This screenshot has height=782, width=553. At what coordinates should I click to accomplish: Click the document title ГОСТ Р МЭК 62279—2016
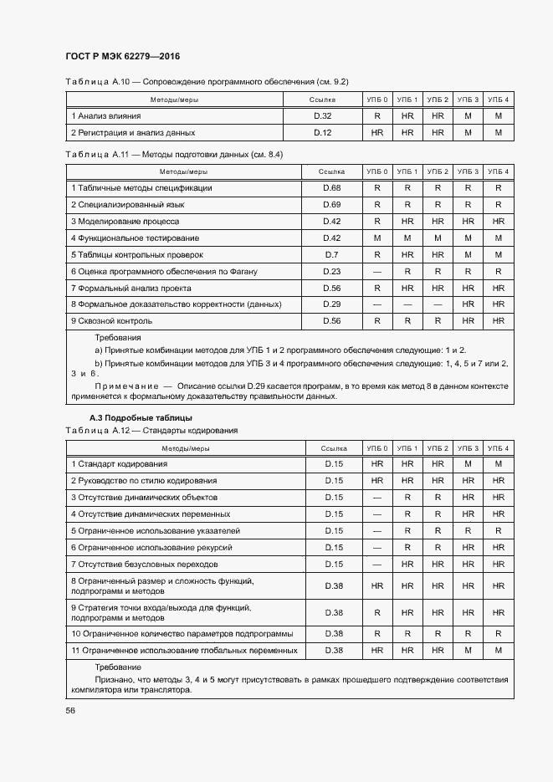(x=123, y=57)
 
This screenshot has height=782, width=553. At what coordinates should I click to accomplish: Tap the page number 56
(x=70, y=710)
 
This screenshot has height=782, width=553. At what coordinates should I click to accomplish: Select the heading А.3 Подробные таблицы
(x=141, y=417)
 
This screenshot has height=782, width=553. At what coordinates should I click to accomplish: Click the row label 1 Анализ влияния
(x=106, y=115)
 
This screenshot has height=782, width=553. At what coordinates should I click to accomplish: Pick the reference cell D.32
(x=323, y=115)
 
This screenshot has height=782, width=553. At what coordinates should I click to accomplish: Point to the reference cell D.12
(x=323, y=132)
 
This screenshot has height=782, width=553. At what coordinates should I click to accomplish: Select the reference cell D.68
(x=332, y=188)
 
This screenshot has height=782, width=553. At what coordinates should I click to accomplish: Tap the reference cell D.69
(x=332, y=205)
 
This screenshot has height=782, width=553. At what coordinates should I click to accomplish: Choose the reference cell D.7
(x=331, y=254)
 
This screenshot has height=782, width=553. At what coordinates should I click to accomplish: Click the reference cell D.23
(x=332, y=271)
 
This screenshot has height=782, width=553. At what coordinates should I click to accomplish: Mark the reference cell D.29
(x=332, y=304)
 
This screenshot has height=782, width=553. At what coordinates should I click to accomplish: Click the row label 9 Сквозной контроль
(x=111, y=321)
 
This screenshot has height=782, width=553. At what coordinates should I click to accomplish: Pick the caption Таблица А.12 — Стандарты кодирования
(x=151, y=430)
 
